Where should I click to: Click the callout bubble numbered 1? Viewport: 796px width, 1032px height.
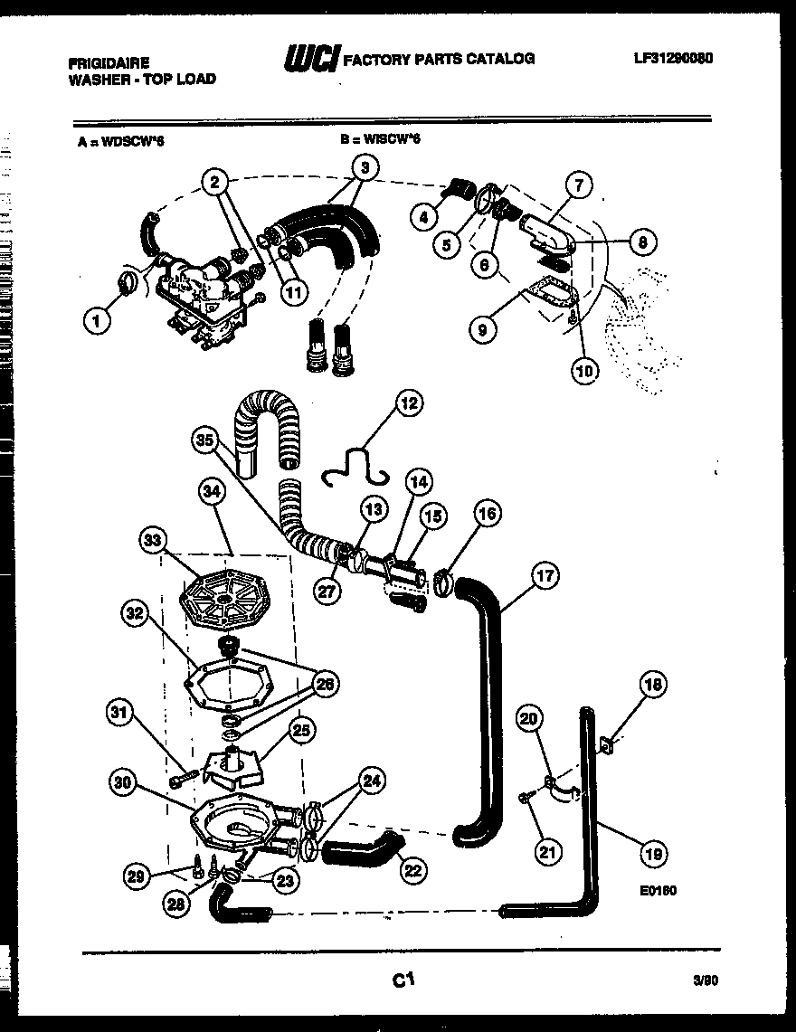coord(95,319)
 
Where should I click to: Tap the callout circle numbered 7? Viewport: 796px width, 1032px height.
coord(579,187)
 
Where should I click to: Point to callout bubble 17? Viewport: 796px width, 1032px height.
coord(544,574)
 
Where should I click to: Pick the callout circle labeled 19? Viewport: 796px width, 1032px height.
coord(651,852)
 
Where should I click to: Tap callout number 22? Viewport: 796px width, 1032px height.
coord(412,870)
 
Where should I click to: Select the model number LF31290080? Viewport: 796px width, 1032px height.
coord(673,58)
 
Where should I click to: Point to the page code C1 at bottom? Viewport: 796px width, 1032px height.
coord(403,978)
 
